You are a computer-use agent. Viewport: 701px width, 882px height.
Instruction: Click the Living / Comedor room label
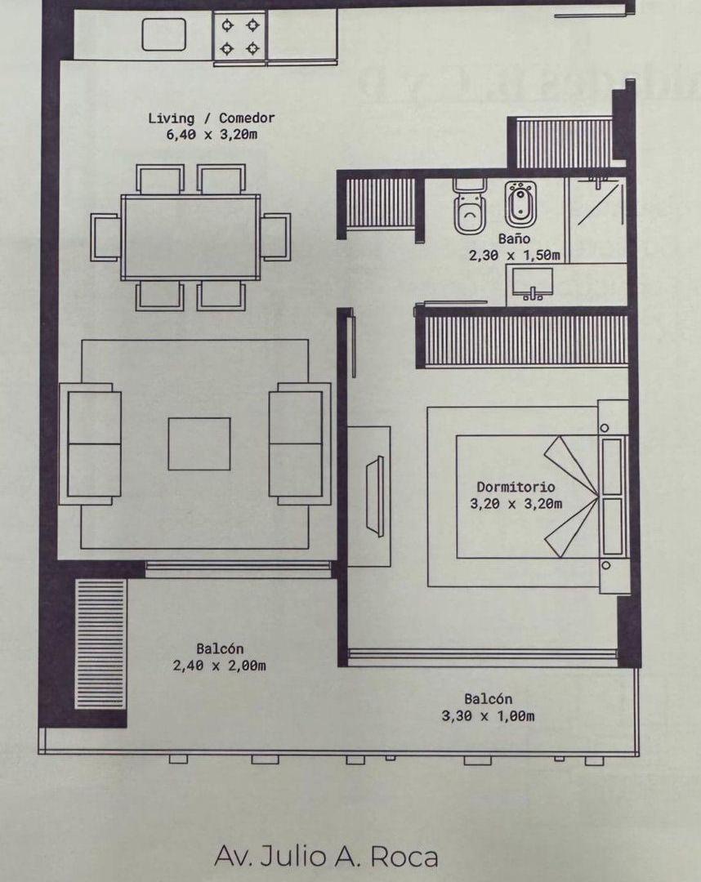[x=211, y=118]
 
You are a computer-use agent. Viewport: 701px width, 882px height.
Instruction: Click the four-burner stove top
[x=240, y=36]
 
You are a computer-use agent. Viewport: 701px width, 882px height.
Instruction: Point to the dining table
[x=190, y=237]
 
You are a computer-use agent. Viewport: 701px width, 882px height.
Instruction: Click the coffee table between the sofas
[x=199, y=443]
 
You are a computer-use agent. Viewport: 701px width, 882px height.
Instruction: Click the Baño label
[x=515, y=239]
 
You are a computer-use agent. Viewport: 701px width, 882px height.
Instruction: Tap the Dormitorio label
[x=516, y=488]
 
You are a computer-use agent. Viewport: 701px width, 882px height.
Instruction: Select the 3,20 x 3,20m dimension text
[x=516, y=504]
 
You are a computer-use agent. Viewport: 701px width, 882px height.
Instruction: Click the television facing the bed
[x=376, y=496]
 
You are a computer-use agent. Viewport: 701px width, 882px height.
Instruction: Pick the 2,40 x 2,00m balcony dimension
[x=219, y=666]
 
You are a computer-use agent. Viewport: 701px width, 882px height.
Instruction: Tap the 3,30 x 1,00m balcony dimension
[x=488, y=716]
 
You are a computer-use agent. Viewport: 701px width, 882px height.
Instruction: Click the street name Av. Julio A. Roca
[x=326, y=857]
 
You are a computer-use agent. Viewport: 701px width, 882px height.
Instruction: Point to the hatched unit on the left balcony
[x=101, y=644]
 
